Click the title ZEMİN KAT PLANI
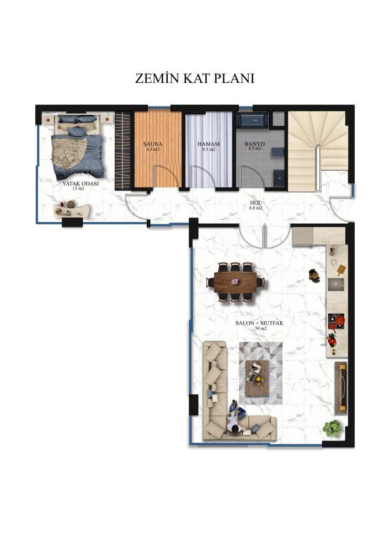pyautogui.click(x=195, y=78)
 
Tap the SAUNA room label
pyautogui.click(x=153, y=144)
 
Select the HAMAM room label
pyautogui.click(x=209, y=144)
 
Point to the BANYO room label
pyautogui.click(x=255, y=144)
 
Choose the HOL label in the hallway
pyautogui.click(x=255, y=203)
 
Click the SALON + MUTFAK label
pyautogui.click(x=259, y=323)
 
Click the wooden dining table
pyautogui.click(x=235, y=282)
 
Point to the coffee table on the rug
pyautogui.click(x=257, y=378)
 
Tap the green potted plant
pyautogui.click(x=332, y=428)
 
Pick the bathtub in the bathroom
pyautogui.click(x=253, y=119)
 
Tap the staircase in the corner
pyautogui.click(x=318, y=151)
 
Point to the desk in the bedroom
pyautogui.click(x=72, y=210)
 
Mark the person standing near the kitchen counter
pyautogui.click(x=314, y=275)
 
